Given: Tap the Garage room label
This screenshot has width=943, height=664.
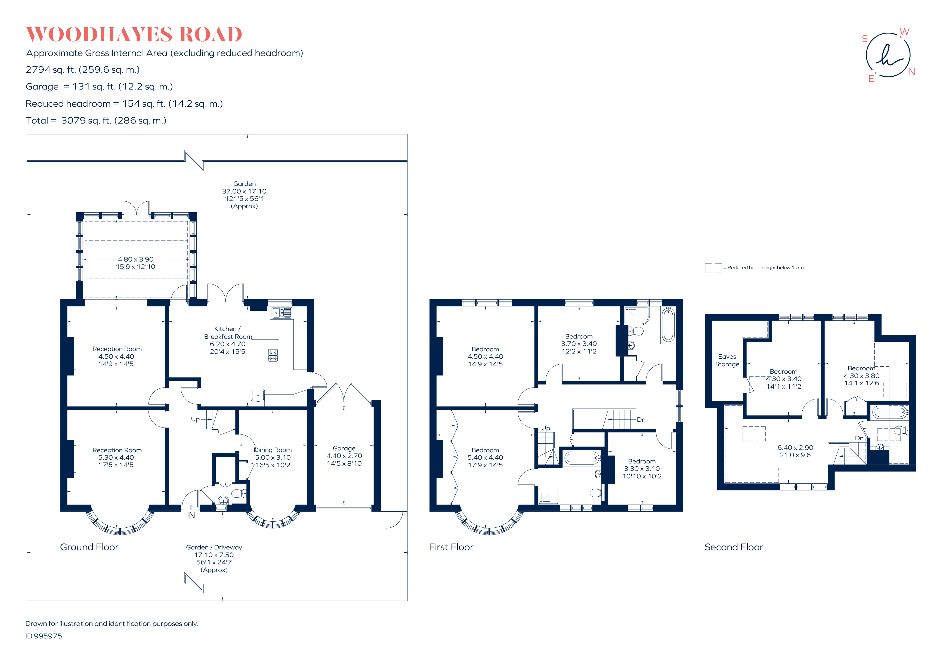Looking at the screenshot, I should [344, 448].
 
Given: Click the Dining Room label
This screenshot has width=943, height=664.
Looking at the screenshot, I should [273, 450].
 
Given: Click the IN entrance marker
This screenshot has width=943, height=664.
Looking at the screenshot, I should [191, 515].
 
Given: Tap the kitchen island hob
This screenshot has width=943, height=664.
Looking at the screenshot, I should [273, 355].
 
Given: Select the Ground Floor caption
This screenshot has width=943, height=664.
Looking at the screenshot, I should [89, 547].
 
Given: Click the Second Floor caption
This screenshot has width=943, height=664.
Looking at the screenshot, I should [734, 547].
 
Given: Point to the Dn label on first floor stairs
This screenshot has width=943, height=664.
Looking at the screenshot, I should [641, 420].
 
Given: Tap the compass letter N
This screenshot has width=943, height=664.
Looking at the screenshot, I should [911, 72].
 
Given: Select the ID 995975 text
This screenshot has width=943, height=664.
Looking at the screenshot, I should [44, 636].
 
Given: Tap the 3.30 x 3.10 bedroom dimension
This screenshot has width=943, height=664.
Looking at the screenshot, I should [642, 468].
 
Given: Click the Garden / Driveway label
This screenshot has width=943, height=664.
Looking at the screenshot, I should [214, 547].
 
